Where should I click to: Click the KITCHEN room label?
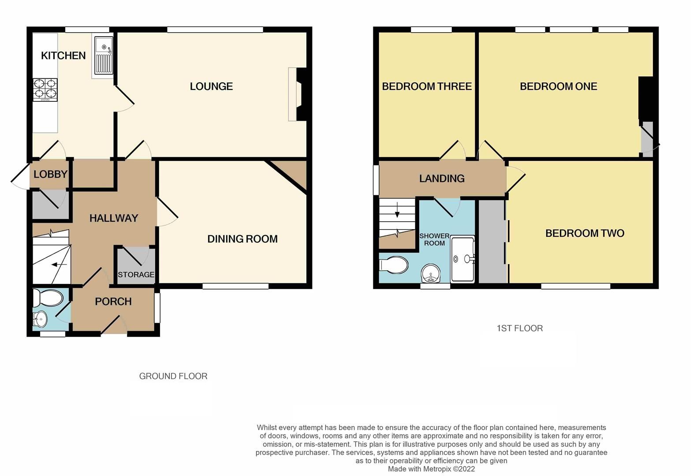63,56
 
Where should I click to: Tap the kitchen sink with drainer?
103,57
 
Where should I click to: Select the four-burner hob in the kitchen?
45,89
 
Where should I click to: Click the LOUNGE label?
211,86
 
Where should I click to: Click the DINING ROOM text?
242,239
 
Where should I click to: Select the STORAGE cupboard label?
136,275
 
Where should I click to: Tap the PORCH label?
113,301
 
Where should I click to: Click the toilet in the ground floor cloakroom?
48,298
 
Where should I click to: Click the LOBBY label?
50,174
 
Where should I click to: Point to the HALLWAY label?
114,218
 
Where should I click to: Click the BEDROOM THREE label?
427,86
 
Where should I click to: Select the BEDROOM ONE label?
558,86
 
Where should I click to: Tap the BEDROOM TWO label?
585,233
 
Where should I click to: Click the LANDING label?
442,178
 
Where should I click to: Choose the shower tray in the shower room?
462,259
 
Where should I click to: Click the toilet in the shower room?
394,265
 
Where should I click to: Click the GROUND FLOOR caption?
173,376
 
